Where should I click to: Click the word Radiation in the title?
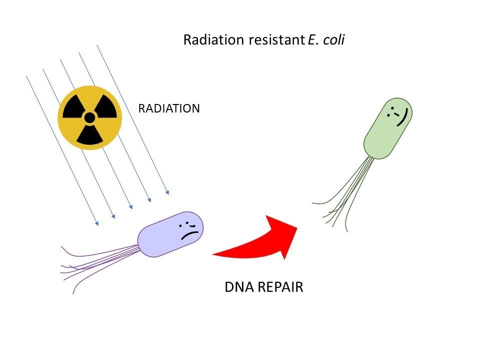pyautogui.click(x=206, y=40)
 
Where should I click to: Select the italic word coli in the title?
pyautogui.click(x=333, y=40)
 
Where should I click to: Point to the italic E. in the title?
pyautogui.click(x=309, y=40)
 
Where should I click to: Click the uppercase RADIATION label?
pyautogui.click(x=169, y=108)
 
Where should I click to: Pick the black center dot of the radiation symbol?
pyautogui.click(x=89, y=118)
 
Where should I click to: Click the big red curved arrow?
pyautogui.click(x=265, y=239)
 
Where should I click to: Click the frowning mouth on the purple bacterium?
pyautogui.click(x=190, y=233)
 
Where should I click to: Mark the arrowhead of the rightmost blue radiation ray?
pyautogui.click(x=167, y=191)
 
